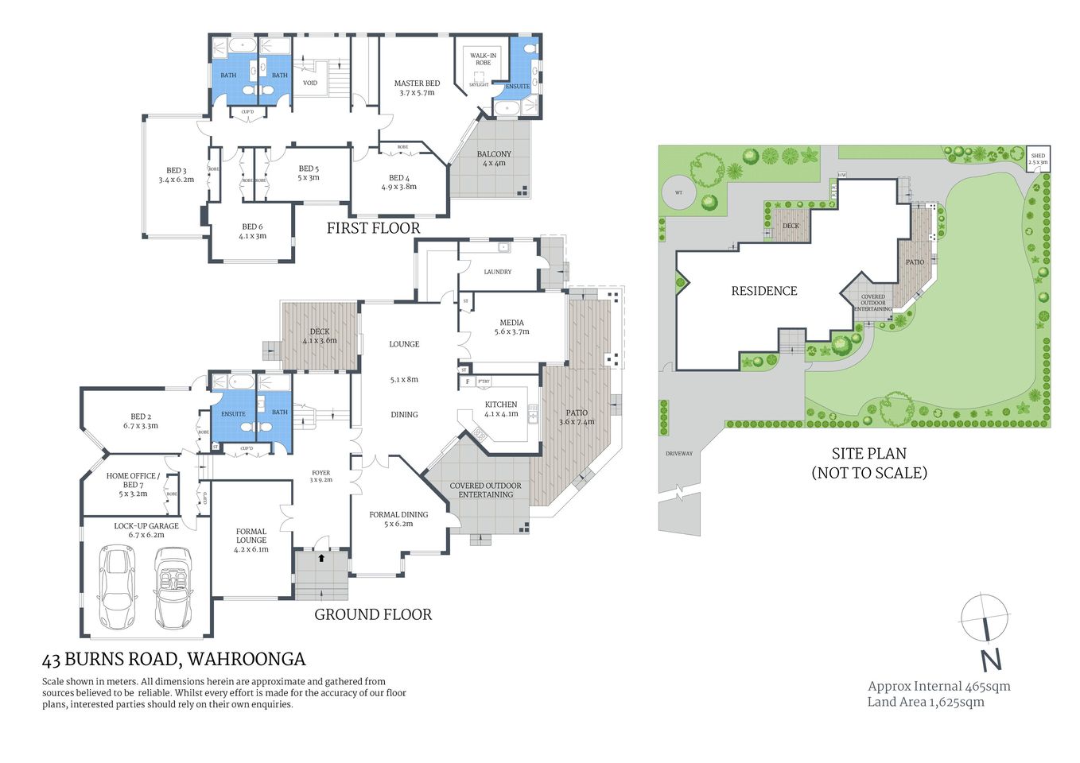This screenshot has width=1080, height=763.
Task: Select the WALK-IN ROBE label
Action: coord(483,59)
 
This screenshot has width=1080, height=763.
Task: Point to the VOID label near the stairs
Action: coord(310,83)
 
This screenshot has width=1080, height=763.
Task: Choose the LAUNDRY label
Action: coord(497,272)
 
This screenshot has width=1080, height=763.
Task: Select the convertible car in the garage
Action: coord(174,588)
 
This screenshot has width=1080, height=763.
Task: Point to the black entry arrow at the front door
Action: coord(321,558)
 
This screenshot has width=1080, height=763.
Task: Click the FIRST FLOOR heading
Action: coord(373,228)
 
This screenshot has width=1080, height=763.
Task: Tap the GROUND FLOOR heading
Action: coord(373,614)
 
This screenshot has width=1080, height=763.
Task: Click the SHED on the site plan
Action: coord(1038,159)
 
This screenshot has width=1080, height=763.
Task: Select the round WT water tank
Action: coord(678,192)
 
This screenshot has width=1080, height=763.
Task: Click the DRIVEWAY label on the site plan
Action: coord(678,454)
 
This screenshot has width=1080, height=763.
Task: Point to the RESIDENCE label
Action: coord(763,291)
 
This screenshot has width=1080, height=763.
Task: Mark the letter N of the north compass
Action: coord(990,660)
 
